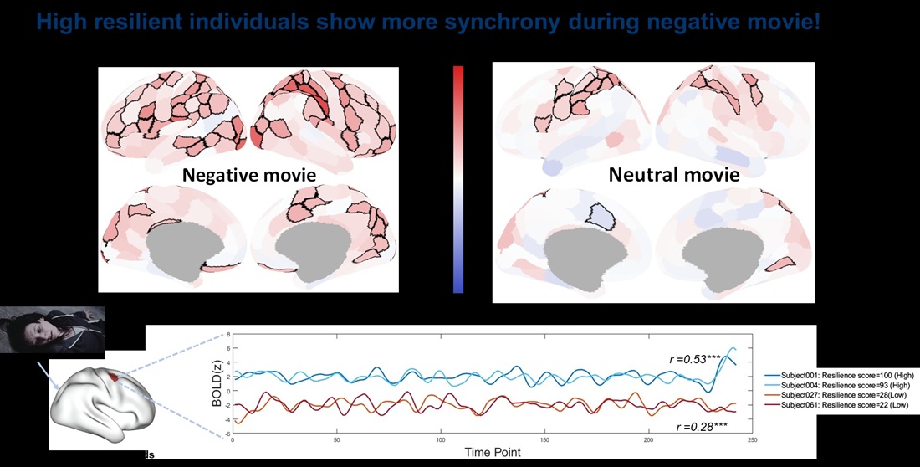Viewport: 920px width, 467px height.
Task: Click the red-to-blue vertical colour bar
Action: [457, 179]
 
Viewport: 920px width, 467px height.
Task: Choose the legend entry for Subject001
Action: [841, 376]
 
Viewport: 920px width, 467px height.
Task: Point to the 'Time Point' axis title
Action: [493, 452]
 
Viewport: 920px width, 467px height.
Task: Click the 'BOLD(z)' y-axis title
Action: [217, 386]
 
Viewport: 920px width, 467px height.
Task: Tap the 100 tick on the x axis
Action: [440, 439]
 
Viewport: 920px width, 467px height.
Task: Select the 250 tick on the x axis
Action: [753, 439]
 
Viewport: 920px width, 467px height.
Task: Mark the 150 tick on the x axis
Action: [544, 439]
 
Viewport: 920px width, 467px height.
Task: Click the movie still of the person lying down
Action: [52, 329]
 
